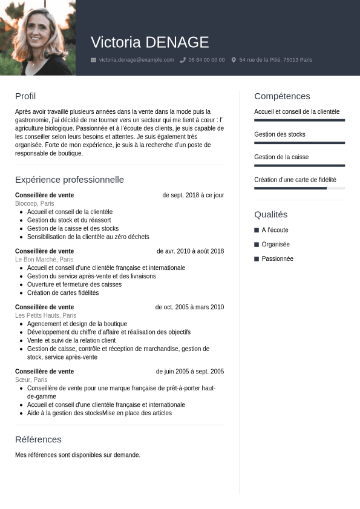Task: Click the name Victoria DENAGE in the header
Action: tap(149, 42)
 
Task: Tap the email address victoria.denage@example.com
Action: tap(136, 60)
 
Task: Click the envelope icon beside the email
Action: tap(93, 60)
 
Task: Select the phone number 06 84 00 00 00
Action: tap(206, 60)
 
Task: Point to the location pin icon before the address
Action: tap(234, 60)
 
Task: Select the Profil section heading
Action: tap(25, 96)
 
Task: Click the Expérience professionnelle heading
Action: tap(70, 180)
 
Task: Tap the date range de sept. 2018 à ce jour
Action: tap(193, 195)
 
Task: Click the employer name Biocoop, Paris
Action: tap(34, 204)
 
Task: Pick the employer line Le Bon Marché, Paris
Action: tap(44, 260)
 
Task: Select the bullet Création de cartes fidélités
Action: tap(63, 293)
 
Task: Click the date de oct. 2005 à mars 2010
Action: tap(189, 307)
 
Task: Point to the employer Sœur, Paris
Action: tap(31, 380)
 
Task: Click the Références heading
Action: tap(38, 439)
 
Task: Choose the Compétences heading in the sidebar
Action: tap(282, 96)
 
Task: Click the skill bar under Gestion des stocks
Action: tap(299, 143)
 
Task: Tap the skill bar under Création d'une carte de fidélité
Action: tap(299, 188)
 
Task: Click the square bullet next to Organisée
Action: tap(257, 245)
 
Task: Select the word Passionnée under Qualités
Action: tap(277, 259)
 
